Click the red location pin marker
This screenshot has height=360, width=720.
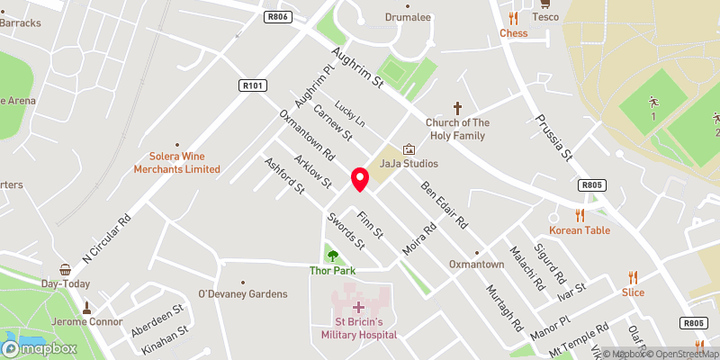[359, 179]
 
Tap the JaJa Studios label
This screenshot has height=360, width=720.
[409, 164]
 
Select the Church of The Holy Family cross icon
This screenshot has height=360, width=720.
[456, 106]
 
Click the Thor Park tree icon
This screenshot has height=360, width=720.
[333, 256]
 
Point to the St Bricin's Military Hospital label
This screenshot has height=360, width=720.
[358, 328]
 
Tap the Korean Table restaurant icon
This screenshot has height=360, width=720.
[580, 215]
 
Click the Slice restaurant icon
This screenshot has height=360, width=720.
[633, 277]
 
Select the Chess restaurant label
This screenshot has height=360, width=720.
[513, 33]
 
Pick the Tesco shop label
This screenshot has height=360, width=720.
[544, 17]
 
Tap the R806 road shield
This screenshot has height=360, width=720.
[276, 16]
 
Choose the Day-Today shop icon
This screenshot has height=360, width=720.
[65, 269]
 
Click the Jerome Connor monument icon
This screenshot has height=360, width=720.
[87, 308]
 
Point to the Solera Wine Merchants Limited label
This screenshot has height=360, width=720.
[176, 162]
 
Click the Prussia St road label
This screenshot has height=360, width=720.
[553, 137]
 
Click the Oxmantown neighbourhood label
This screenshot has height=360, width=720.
[477, 265]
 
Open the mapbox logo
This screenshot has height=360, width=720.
[40, 347]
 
